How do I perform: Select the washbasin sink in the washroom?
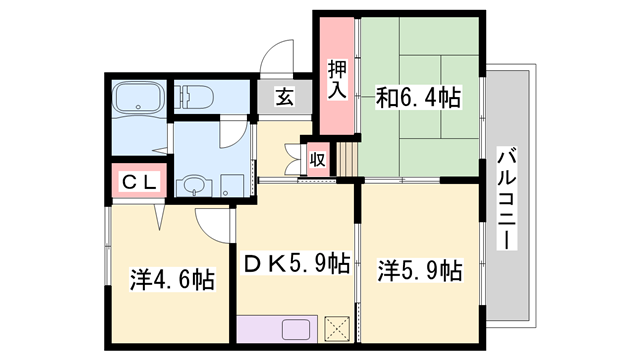coord(193,185)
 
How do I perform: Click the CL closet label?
coord(134,182)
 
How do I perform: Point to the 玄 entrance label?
coord(285,97)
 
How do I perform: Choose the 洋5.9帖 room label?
coord(418,270)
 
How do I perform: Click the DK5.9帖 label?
coord(296,264)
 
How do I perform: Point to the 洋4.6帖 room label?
coord(170,279)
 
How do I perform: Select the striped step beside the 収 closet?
coord(346,157)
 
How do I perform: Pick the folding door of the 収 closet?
coord(294,157)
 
